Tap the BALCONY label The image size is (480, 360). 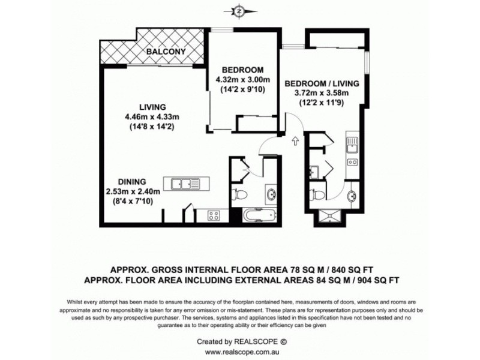coord(168,52)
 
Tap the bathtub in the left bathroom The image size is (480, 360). coord(258,214)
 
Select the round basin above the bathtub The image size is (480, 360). coord(271,194)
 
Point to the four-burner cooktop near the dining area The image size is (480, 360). coord(215,214)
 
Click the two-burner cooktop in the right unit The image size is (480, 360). coord(352,161)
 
